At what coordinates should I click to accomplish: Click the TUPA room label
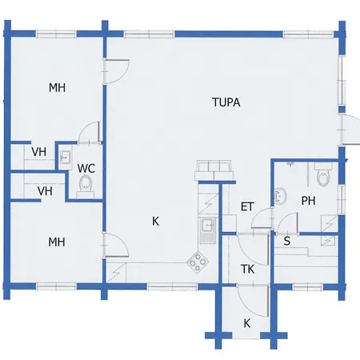(226, 102)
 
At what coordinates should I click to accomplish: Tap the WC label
(86, 169)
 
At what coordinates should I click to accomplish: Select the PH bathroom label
(308, 201)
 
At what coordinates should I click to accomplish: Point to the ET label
(247, 207)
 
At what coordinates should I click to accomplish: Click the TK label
(247, 269)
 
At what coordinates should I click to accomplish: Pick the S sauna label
(287, 241)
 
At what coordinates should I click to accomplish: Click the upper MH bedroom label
(57, 88)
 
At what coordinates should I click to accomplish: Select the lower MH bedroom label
(57, 242)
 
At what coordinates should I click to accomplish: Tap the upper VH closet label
(39, 152)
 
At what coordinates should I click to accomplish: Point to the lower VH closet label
(45, 191)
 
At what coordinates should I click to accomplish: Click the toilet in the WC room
(86, 186)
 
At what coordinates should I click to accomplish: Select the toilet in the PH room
(323, 175)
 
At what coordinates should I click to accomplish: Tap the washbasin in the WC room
(65, 158)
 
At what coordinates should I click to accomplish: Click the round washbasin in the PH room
(280, 195)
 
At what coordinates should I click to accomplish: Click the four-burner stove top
(198, 262)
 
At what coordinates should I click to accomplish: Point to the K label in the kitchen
(155, 221)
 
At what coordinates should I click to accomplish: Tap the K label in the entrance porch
(247, 323)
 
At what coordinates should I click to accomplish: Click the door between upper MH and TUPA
(117, 71)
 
